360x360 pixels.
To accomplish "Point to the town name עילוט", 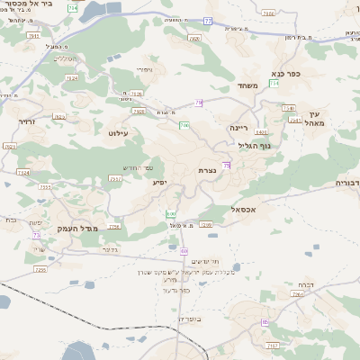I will point(119,133).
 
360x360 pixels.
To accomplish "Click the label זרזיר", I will point(26,120).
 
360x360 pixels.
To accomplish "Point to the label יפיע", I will point(159,183).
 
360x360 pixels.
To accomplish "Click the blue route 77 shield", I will point(209,20).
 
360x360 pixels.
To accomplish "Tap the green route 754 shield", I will point(273,83).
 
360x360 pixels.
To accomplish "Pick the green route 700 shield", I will point(183,125).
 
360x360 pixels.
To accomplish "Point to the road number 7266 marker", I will point(298,294).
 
